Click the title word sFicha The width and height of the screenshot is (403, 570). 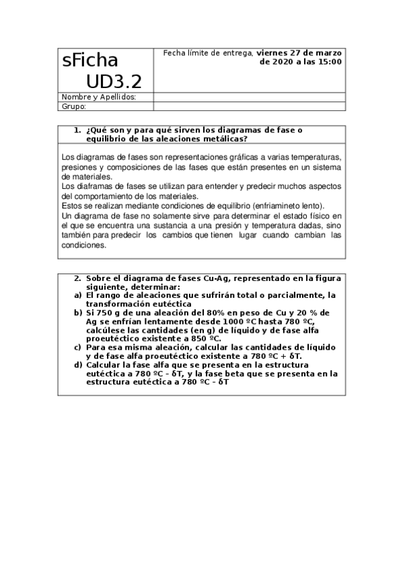pos(89,60)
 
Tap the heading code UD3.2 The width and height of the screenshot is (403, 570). pos(114,81)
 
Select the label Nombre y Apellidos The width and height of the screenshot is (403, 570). pos(99,97)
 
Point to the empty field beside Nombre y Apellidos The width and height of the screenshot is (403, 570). pos(249,97)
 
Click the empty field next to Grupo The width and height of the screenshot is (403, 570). pos(249,106)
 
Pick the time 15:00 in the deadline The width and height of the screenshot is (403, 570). pos(330,62)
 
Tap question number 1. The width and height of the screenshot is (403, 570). pos(77,130)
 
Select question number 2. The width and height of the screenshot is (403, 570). pos(77,277)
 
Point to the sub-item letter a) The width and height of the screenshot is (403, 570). pos(77,295)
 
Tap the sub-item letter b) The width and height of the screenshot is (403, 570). pos(77,313)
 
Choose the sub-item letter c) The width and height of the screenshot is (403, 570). pos(77,347)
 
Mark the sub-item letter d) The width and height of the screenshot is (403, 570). pos(77,364)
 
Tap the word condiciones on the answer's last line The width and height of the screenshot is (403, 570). pos(83,245)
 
